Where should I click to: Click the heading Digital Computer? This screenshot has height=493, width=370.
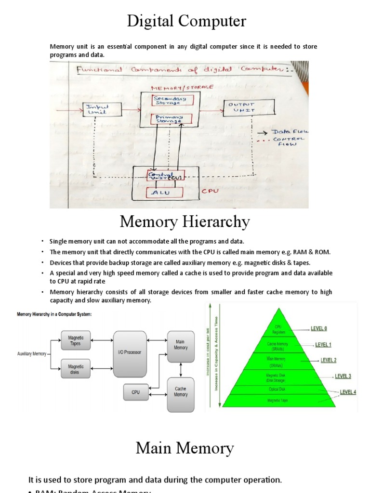(x=186, y=21)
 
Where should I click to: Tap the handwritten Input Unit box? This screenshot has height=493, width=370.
(x=102, y=109)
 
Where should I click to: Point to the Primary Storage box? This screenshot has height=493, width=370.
(x=166, y=119)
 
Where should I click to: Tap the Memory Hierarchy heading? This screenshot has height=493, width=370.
(x=185, y=222)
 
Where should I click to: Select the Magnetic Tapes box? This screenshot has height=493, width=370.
(x=75, y=341)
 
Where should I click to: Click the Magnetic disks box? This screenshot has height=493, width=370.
(x=75, y=369)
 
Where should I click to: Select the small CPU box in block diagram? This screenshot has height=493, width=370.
(x=136, y=392)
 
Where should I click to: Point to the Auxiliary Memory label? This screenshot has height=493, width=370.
(x=32, y=353)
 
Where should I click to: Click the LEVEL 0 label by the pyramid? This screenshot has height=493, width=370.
(x=318, y=328)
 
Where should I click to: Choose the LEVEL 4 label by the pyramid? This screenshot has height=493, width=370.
(x=347, y=392)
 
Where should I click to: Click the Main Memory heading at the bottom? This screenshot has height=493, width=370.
(x=185, y=448)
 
